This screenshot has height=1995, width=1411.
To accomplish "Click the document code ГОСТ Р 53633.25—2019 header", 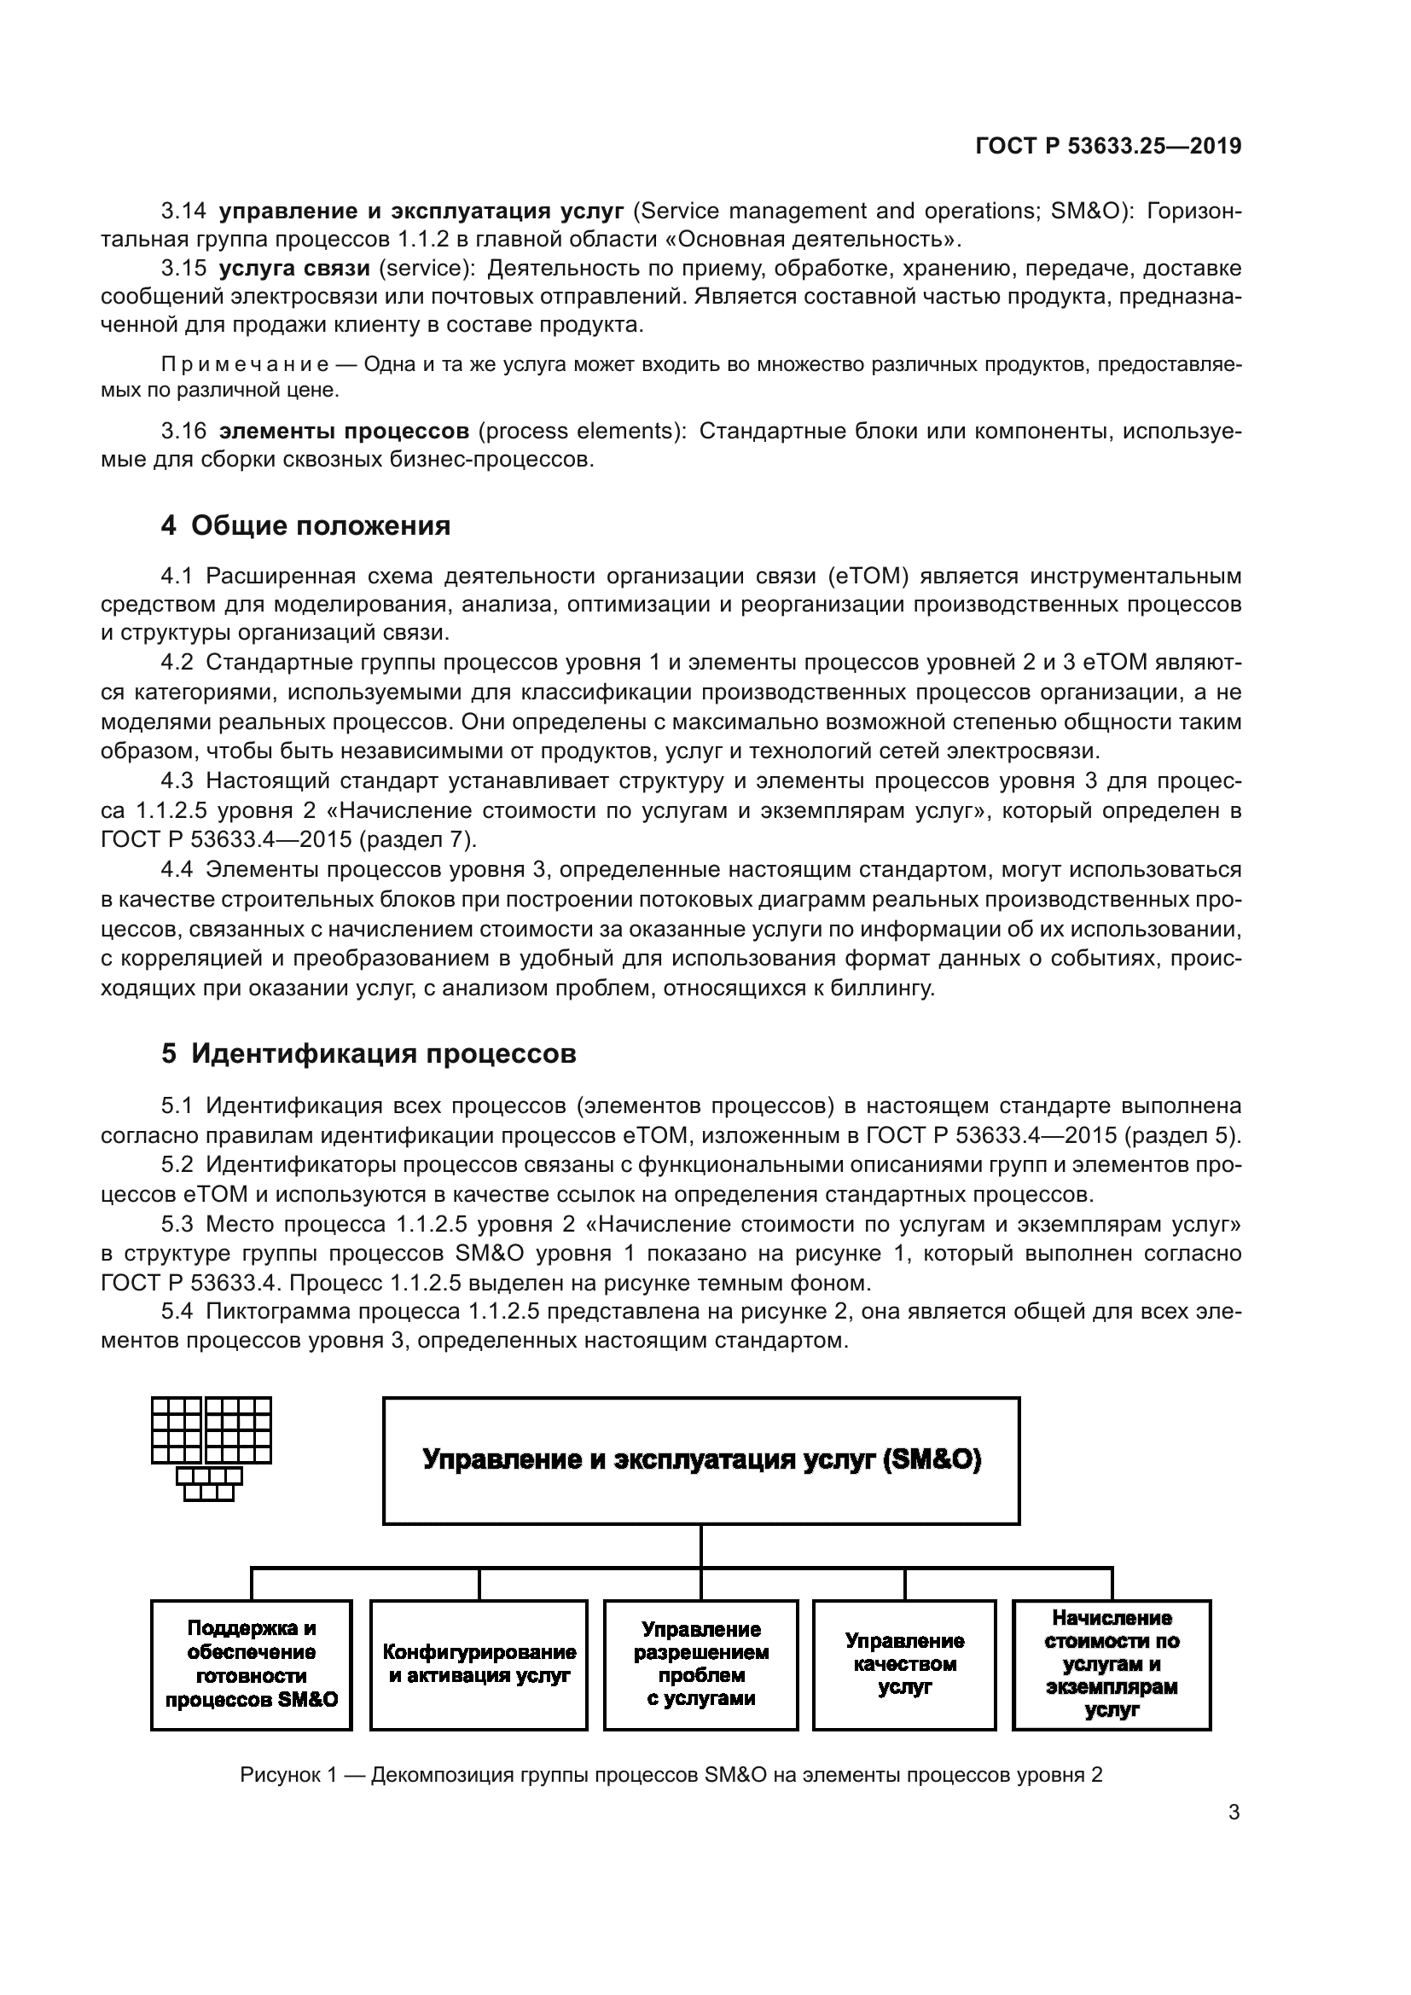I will (1108, 146).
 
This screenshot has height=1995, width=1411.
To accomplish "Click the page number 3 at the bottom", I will (1234, 1812).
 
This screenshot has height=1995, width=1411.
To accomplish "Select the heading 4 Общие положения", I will (306, 525).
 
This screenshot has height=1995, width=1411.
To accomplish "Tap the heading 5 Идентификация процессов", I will (369, 1054).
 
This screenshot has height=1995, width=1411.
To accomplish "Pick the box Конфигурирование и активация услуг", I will (479, 1664).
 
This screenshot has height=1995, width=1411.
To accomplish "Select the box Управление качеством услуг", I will (904, 1664).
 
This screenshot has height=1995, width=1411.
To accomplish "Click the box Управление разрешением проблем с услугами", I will (701, 1664).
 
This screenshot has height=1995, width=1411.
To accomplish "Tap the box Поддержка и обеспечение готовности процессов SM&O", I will (251, 1664).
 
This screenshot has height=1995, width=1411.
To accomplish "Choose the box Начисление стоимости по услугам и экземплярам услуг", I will (1112, 1664).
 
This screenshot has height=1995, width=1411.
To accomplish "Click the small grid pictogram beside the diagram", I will (211, 1447).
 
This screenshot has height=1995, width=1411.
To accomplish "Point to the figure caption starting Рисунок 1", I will (671, 1775).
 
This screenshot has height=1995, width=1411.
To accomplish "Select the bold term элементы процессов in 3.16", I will (344, 431).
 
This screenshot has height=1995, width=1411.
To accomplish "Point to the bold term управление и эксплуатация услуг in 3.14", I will (421, 212).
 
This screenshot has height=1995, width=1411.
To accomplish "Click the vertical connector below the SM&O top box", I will (701, 1546).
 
